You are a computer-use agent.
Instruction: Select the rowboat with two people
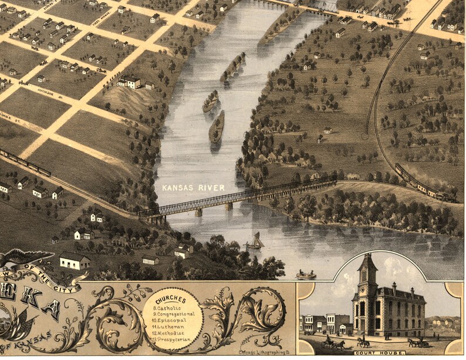click(305, 274)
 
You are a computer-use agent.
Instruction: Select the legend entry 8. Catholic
click(170, 307)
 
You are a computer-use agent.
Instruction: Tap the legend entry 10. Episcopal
click(171, 321)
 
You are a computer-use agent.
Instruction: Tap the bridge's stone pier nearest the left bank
click(198, 212)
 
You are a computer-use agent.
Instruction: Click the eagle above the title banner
click(23, 257)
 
